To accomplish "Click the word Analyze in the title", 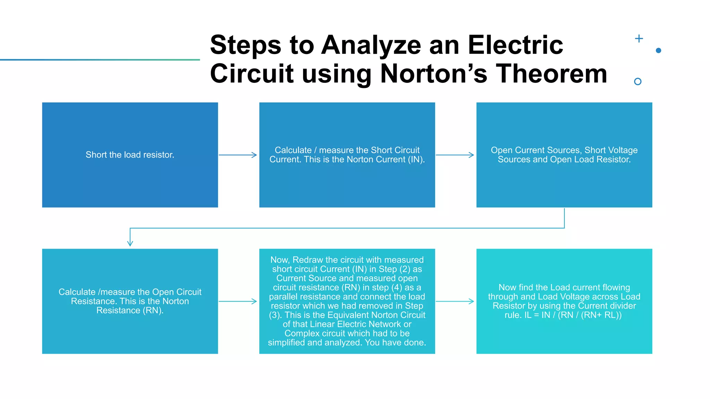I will click(x=371, y=45).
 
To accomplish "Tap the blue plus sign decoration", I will click(x=639, y=38).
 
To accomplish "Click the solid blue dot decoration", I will click(x=658, y=51).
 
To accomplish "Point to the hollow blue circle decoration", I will click(x=637, y=81).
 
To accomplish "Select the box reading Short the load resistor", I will click(x=130, y=155).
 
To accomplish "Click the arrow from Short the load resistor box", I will click(x=238, y=155).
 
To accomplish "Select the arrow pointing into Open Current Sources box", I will click(x=455, y=155).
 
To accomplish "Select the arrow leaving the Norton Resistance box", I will click(x=238, y=301).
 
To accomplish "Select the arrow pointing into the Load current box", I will click(x=455, y=301).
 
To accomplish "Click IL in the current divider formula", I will click(x=528, y=315).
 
